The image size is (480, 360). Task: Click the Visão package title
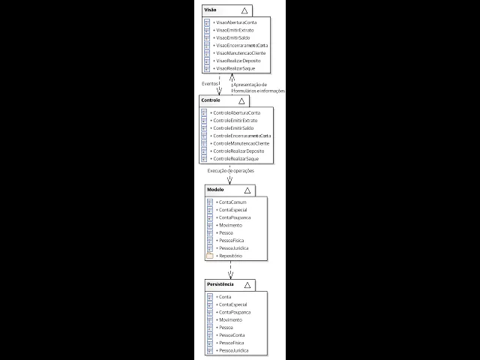pos(211,10)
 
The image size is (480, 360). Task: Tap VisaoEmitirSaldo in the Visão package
pos(234,37)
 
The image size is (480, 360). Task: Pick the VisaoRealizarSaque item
pos(235,68)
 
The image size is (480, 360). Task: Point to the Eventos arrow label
pos(210,84)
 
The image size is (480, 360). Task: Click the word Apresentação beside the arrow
pos(250,85)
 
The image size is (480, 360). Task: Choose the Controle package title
pos(210,99)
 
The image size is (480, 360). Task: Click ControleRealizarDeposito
pos(238,151)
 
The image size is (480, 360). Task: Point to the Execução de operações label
pos(231,171)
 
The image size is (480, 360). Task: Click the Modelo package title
pos(216,189)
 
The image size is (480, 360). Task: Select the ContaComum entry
pos(232,202)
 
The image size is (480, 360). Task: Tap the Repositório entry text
pos(231,256)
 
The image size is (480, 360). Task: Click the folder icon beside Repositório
pos(210,256)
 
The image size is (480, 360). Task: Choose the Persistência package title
pos(220,285)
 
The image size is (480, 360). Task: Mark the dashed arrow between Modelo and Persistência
pos(230,270)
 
